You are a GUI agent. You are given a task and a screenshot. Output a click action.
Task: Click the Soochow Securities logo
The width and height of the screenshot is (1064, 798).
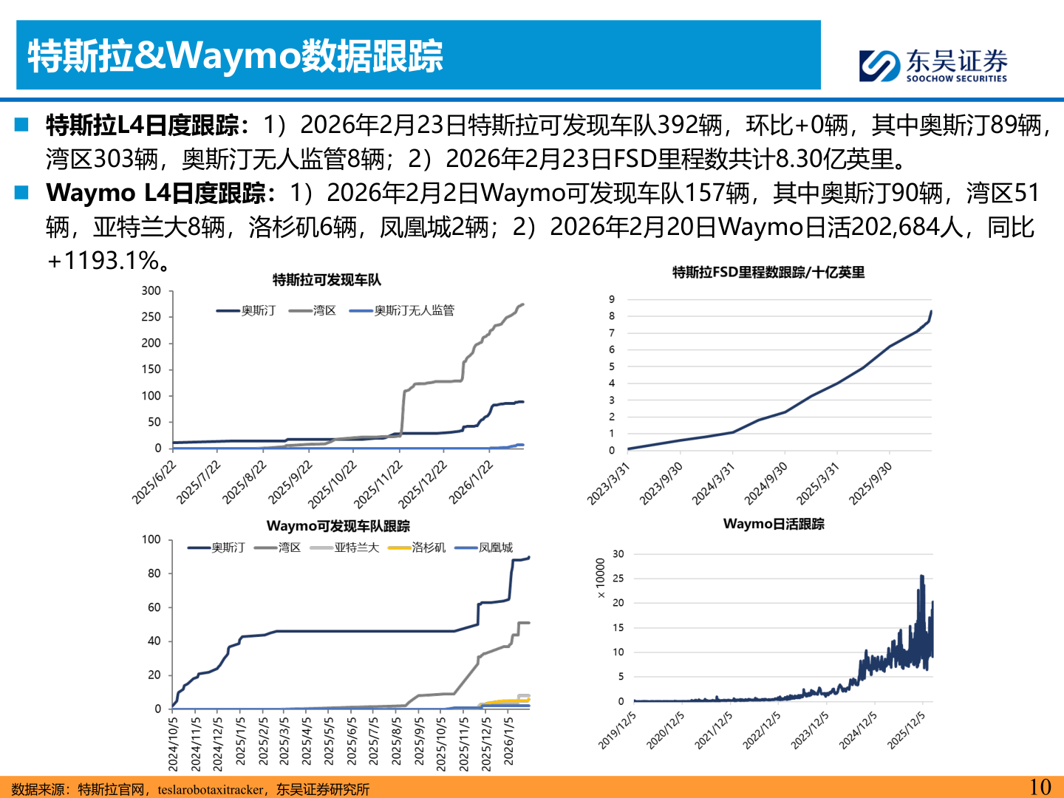tap(933, 65)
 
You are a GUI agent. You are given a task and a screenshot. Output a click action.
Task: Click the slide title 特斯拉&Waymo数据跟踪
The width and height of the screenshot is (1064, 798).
tap(235, 56)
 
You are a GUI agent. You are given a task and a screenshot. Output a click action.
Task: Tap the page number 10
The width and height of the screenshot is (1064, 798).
tap(1040, 787)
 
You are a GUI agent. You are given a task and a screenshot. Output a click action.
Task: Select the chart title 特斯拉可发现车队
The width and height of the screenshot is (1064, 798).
tap(327, 280)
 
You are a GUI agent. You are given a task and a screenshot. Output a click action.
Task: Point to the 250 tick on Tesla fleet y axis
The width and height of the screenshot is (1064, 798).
tap(151, 317)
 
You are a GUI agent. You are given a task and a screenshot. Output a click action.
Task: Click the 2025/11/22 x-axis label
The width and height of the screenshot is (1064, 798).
tap(378, 484)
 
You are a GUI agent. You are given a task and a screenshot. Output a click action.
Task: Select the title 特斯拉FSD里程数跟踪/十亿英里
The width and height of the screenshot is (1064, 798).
tap(768, 273)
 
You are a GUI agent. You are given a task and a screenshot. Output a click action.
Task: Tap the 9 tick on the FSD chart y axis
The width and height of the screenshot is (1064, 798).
tap(612, 299)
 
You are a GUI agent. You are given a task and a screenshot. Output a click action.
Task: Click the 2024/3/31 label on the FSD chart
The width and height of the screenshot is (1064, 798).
tap(713, 483)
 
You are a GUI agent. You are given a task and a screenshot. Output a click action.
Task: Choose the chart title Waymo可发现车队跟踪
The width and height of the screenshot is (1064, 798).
tap(338, 526)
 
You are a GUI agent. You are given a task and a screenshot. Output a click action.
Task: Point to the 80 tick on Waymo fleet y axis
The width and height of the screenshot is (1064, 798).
tap(154, 573)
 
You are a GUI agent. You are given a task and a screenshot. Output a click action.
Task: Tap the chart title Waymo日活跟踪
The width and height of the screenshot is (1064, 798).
tap(774, 524)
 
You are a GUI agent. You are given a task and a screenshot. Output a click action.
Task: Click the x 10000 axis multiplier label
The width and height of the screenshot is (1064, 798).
tap(600, 578)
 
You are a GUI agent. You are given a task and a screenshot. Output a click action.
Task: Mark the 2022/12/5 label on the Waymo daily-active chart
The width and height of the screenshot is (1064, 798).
tap(761, 730)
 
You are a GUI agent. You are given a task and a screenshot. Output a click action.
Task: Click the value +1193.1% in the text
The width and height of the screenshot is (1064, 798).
tap(103, 261)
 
